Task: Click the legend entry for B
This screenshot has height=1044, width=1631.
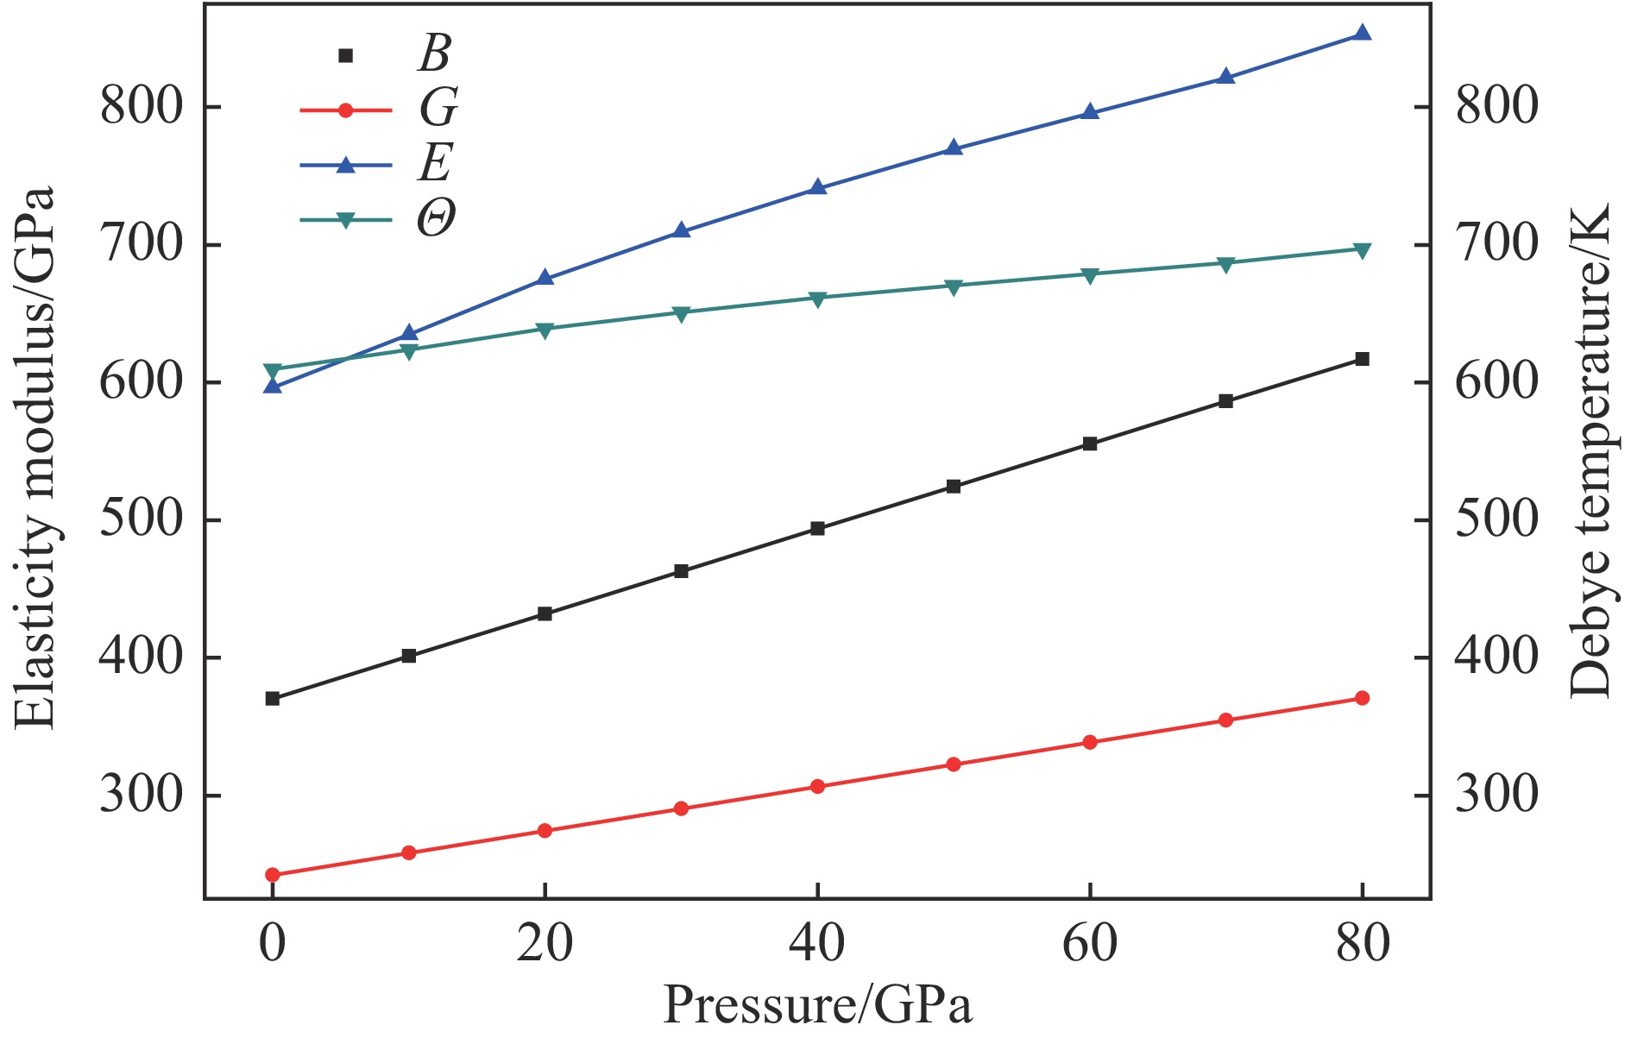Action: [x=346, y=55]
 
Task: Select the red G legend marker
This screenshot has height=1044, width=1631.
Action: [x=346, y=110]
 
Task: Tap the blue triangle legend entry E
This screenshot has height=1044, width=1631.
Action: [x=346, y=165]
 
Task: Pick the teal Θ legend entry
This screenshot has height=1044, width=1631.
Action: [x=346, y=220]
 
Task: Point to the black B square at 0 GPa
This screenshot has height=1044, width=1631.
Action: [x=273, y=698]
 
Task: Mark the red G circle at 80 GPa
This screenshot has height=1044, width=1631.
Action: [x=1362, y=698]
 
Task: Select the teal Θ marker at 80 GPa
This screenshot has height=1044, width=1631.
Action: [x=1362, y=250]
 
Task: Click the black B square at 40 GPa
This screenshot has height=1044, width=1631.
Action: [x=817, y=529]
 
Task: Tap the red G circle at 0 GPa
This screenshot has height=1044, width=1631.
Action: [x=273, y=875]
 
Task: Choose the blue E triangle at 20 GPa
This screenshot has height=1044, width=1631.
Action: [x=545, y=278]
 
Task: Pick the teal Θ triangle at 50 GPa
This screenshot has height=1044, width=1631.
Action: [x=954, y=286]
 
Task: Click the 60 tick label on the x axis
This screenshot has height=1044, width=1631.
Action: [x=1089, y=944]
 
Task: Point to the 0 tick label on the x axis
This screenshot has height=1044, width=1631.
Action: [x=273, y=944]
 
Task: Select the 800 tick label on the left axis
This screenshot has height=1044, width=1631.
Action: [x=142, y=107]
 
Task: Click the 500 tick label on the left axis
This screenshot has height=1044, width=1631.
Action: [x=142, y=519]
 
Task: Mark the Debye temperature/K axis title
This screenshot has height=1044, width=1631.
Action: [x=1590, y=450]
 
